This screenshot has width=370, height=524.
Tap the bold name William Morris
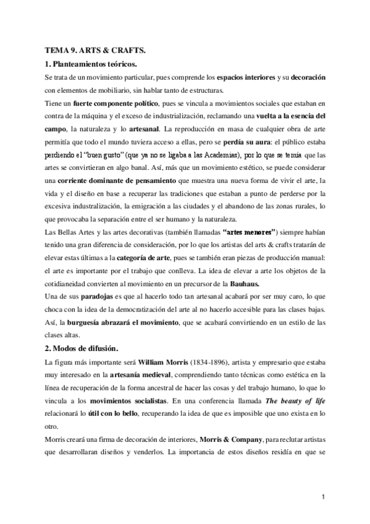pyautogui.click(x=154, y=361)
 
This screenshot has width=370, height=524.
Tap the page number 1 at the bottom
pyautogui.click(x=322, y=496)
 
